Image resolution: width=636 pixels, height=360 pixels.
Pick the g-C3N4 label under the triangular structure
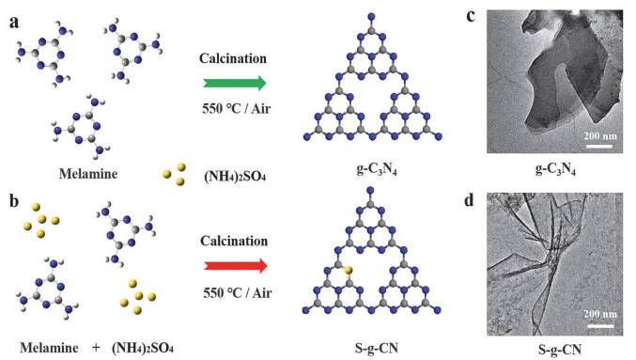tap(374, 176)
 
